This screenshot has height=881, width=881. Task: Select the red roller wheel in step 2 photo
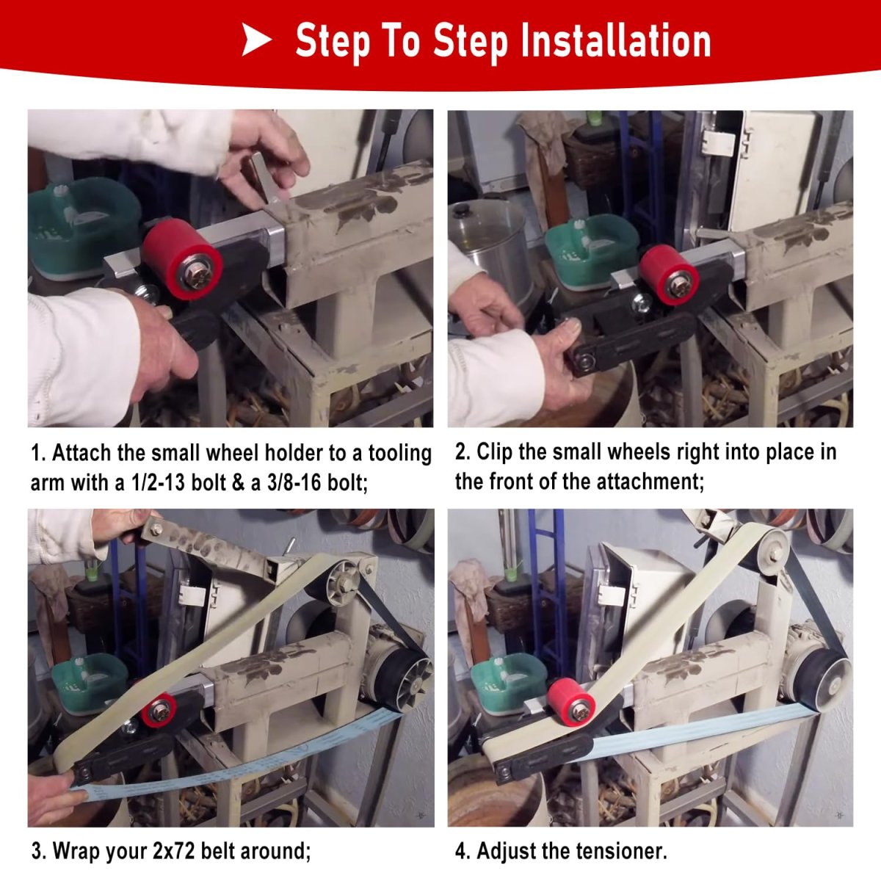coord(669,269)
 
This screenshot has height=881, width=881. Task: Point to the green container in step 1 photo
coord(84,228)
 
